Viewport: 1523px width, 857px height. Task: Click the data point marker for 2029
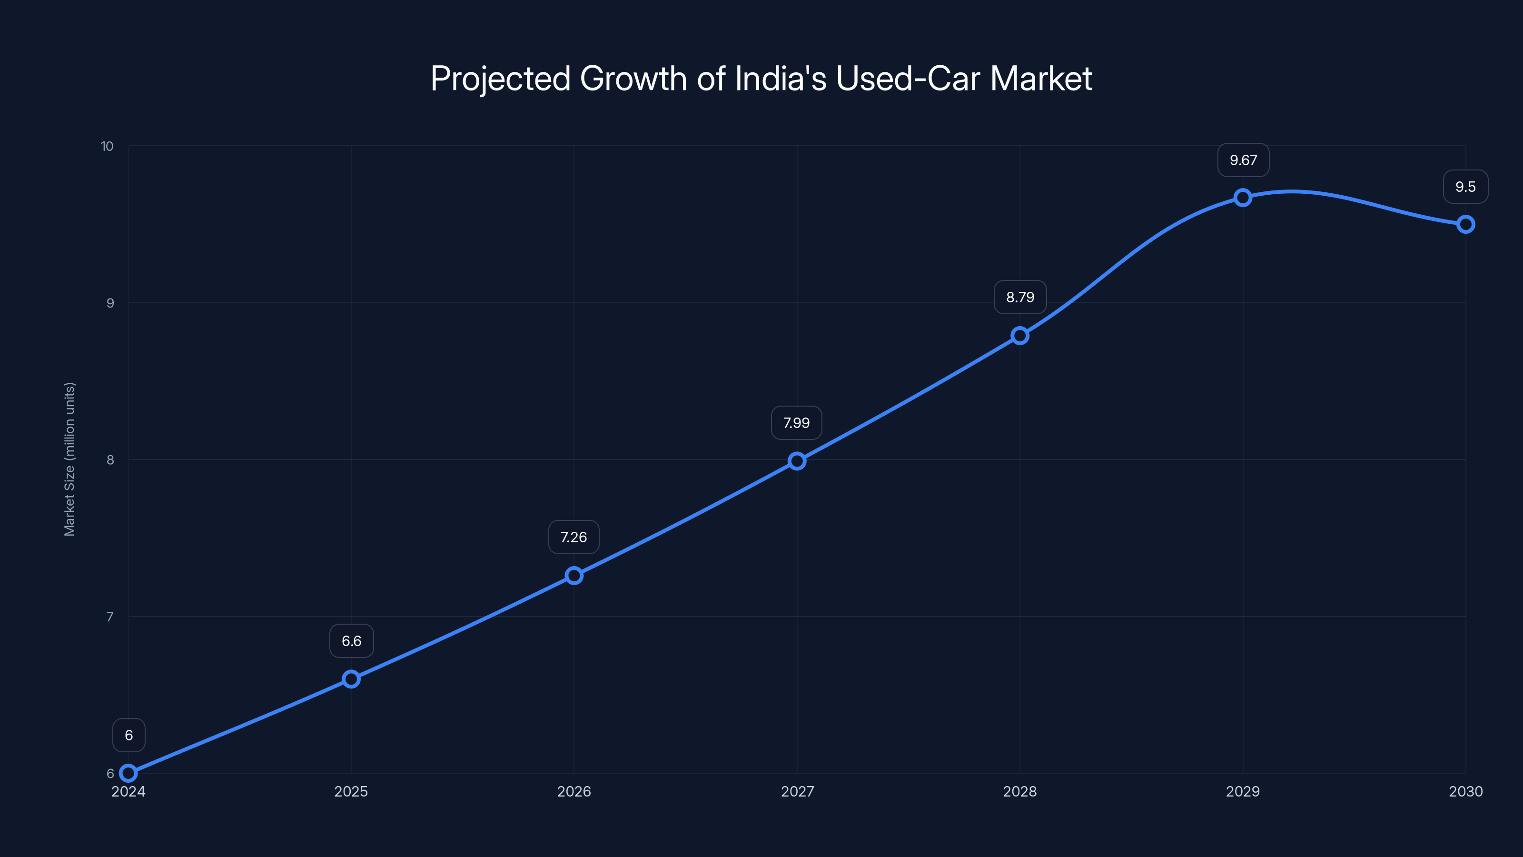1243,198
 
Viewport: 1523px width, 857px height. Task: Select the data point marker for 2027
797,461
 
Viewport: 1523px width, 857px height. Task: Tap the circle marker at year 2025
351,679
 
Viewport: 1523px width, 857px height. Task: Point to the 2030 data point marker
1466,224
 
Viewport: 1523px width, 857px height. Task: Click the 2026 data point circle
574,576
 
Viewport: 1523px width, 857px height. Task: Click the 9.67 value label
1243,160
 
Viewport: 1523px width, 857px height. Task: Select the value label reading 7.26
574,537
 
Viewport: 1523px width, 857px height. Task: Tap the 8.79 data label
1020,297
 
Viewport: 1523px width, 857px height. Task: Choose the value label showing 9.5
1466,187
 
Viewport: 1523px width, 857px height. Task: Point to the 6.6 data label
351,641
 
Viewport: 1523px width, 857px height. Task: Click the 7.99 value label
796,423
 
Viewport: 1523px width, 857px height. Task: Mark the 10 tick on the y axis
107,146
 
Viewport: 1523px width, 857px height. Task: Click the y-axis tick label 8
110,459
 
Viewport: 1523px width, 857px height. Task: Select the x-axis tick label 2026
574,791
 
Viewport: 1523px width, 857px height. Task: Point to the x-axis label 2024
129,791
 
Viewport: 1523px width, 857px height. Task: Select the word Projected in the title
500,79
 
